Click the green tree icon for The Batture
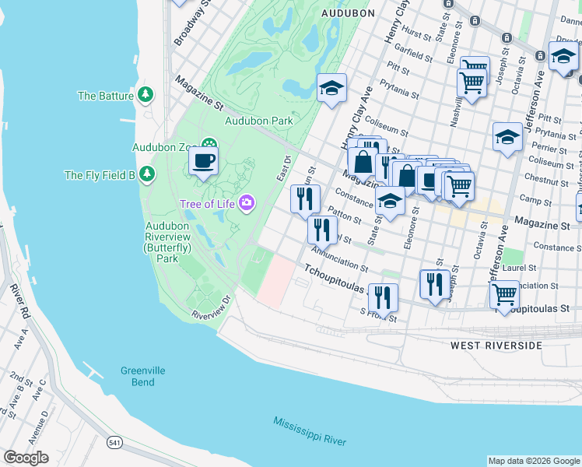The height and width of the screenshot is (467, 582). click(145, 95)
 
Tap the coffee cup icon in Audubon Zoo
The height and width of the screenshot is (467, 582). click(204, 161)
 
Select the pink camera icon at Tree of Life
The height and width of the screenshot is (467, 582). click(247, 204)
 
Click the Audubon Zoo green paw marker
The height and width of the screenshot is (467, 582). click(209, 145)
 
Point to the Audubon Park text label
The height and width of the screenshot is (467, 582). click(258, 121)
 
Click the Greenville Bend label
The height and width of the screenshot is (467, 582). click(142, 376)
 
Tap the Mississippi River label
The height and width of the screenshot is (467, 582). click(309, 431)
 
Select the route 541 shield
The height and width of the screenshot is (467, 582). click(114, 442)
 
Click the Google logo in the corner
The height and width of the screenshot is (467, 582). click(26, 458)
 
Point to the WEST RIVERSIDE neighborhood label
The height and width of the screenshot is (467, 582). click(496, 345)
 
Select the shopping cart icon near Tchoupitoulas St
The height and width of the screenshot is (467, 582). click(504, 294)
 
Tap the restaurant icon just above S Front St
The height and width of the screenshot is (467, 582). click(383, 297)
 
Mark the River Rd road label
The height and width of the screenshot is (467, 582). click(20, 299)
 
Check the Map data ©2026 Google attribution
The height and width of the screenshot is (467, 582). click(534, 461)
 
